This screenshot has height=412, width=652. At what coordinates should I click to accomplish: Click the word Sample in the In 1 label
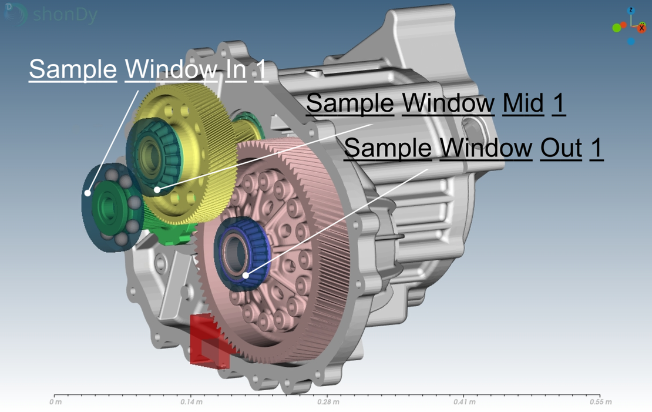coord(73,69)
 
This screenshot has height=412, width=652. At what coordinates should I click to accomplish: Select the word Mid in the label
coord(523,103)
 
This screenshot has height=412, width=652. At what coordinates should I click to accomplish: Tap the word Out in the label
coord(561,148)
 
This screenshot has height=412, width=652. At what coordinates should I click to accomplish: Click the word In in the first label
coord(236,69)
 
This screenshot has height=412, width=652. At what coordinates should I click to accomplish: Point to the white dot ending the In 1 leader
coord(88,193)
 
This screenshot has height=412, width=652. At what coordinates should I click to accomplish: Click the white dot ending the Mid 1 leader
coord(157,189)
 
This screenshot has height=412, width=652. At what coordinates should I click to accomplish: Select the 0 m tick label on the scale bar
coord(55,403)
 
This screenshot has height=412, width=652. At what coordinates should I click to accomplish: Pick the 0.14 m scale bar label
coord(191,403)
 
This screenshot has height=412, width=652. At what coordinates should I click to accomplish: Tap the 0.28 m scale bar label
coord(328,403)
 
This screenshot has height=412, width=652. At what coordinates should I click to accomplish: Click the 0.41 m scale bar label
coord(463,403)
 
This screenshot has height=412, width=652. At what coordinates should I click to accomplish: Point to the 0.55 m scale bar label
coord(600,403)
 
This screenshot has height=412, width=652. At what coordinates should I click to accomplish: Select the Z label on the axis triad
coord(631,11)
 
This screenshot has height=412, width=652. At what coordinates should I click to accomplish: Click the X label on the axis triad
coord(641,28)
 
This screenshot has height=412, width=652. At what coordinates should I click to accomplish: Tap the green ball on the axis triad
coord(616,28)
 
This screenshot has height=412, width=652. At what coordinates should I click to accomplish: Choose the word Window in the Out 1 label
coord(486,148)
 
